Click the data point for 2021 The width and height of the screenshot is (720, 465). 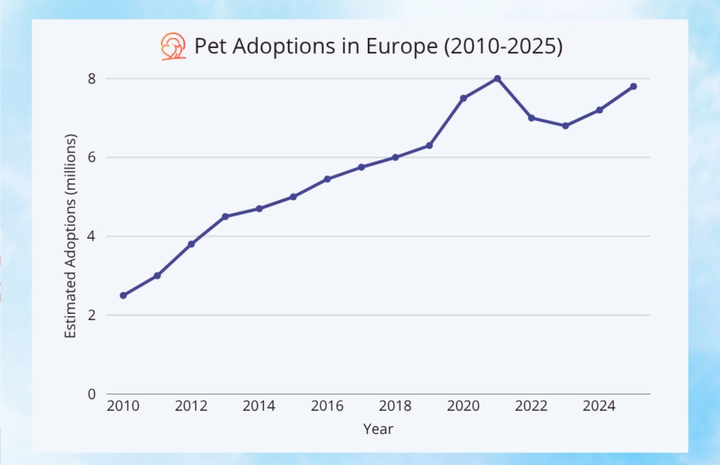[x=497, y=79]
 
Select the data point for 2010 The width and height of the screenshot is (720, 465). [x=123, y=295]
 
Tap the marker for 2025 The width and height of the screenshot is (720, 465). [x=633, y=86]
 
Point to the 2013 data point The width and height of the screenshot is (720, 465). [x=225, y=217]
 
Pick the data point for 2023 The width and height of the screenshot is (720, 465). [x=565, y=126]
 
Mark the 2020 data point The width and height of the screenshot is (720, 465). [x=463, y=98]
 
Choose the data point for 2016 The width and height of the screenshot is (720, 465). [x=327, y=179]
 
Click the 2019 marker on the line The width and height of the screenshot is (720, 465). [x=429, y=145]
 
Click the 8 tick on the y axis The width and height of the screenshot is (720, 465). [x=91, y=79]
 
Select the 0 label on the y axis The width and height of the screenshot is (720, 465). [x=91, y=394]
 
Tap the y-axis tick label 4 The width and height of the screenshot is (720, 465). [x=91, y=237]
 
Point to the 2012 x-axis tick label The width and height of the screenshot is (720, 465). [x=191, y=406]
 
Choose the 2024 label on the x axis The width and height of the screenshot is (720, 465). [x=599, y=406]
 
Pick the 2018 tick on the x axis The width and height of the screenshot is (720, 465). [x=395, y=406]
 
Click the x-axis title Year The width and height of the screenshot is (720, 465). [x=378, y=429]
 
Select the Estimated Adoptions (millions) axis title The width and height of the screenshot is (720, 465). [x=70, y=237]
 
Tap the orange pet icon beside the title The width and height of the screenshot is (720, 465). [x=173, y=47]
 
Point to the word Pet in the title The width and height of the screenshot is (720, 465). [x=210, y=47]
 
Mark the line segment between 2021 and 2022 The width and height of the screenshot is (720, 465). [x=515, y=98]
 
